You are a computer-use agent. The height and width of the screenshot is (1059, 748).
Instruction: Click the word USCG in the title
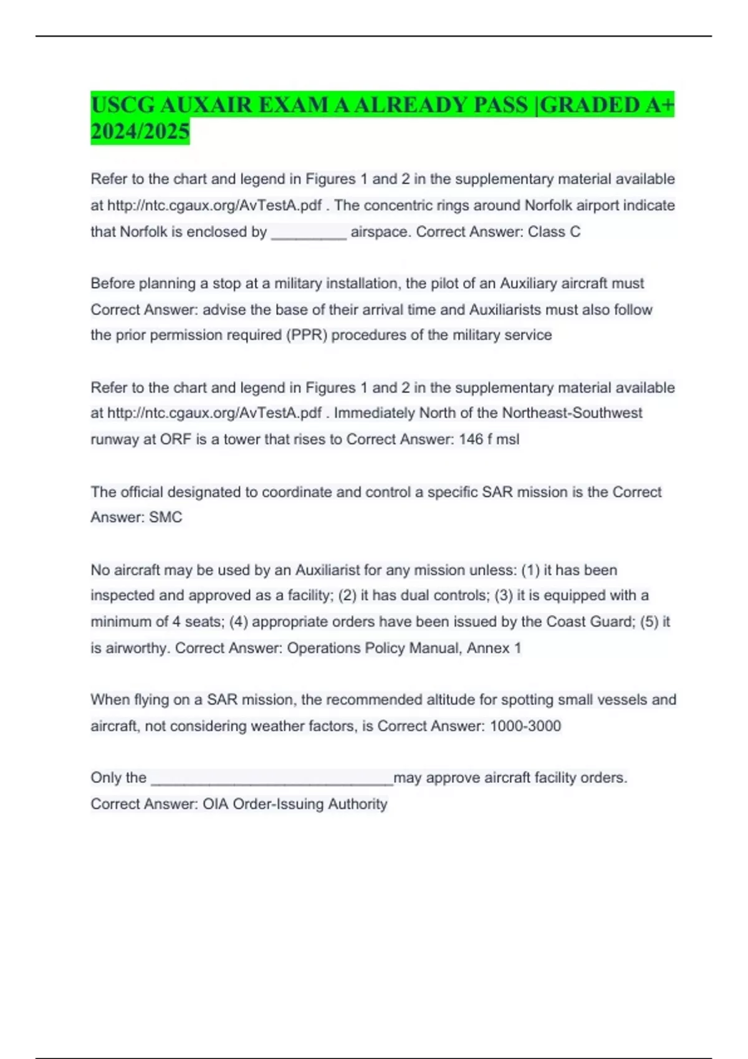(122, 105)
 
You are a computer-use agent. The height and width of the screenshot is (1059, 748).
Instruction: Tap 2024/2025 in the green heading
(140, 131)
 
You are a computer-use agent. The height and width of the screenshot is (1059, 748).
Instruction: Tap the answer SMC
(166, 517)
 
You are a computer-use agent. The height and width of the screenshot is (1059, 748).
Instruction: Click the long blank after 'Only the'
(272, 780)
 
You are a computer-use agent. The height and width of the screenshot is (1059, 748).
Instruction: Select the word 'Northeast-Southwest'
(572, 413)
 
